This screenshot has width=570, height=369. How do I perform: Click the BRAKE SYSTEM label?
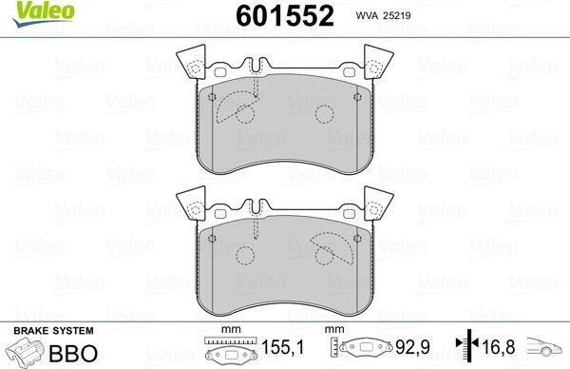51,330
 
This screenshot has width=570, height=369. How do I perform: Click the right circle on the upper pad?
322,114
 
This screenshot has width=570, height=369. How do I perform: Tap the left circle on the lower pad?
247,255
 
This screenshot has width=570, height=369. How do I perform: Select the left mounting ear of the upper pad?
195,63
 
